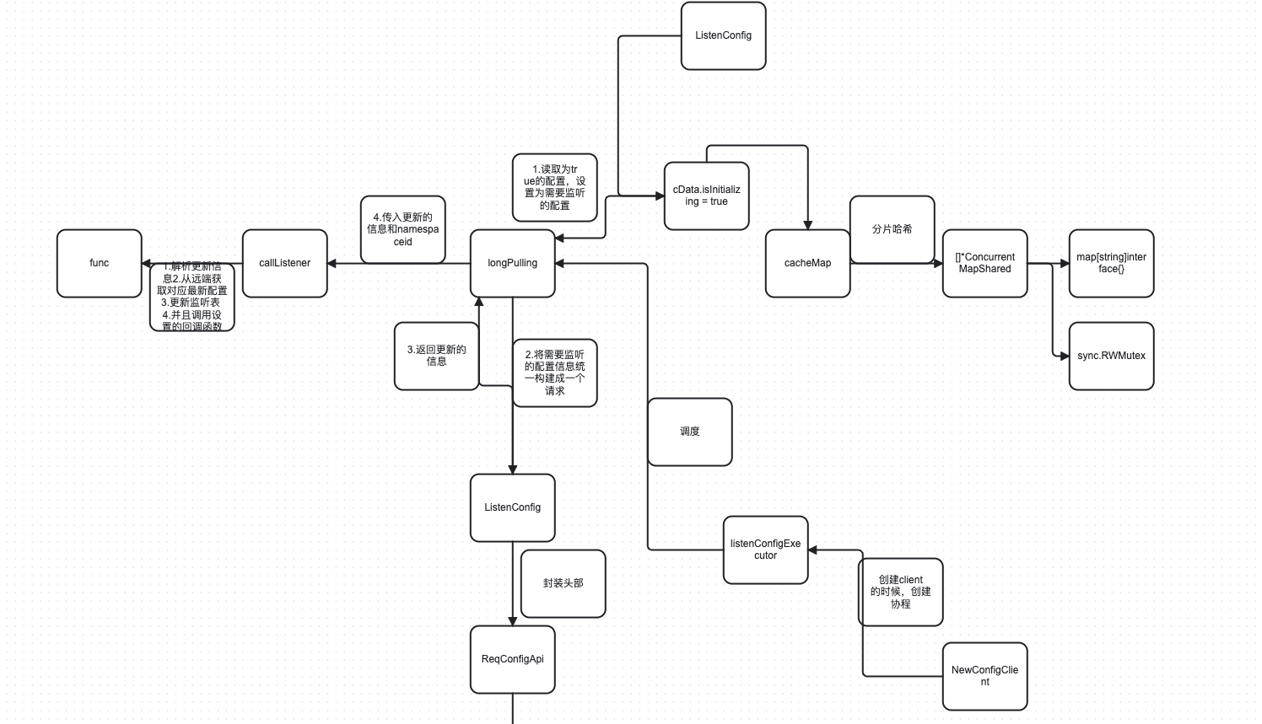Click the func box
[99, 263]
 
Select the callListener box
[284, 263]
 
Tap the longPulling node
[512, 263]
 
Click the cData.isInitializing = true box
[706, 196]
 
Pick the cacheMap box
[807, 263]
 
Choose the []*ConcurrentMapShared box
[984, 263]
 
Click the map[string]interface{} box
[1111, 263]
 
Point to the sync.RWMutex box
[1111, 356]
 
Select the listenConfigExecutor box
[765, 550]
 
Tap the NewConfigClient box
[984, 676]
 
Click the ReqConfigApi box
[512, 659]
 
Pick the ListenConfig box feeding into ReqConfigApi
[512, 507]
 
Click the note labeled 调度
[689, 432]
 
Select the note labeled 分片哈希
[892, 229]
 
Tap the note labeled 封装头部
[563, 583]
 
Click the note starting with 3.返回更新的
[436, 356]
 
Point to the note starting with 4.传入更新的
[402, 229]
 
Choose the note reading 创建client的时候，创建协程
[900, 592]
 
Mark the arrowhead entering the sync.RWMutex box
[1065, 357]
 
